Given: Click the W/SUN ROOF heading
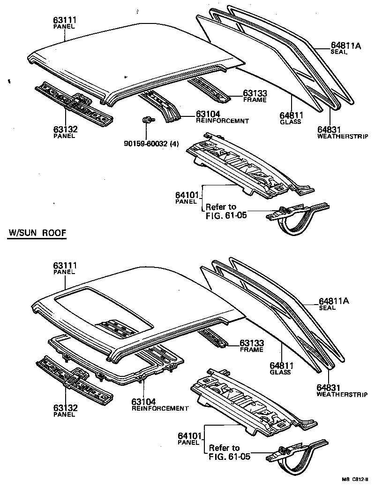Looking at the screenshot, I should tap(37, 233).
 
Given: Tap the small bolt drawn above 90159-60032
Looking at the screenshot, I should tap(146, 121).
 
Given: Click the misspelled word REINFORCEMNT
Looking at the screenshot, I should tap(222, 121).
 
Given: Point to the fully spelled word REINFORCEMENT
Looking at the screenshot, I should tap(160, 408).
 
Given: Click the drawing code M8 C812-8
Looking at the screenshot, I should tap(355, 479).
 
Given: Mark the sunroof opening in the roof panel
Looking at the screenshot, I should tap(103, 312).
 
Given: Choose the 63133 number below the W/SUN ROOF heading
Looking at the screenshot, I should tap(252, 343).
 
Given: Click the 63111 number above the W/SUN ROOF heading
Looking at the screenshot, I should tap(66, 20).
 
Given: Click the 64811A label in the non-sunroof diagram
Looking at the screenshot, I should tap(346, 46).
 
